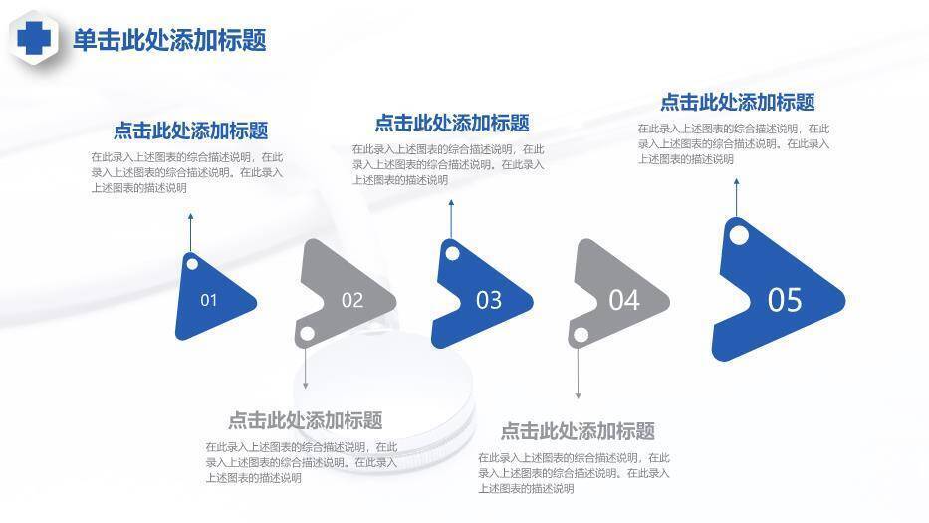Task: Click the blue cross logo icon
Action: [x=34, y=38]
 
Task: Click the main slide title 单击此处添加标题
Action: [x=169, y=40]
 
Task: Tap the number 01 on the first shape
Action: [x=208, y=300]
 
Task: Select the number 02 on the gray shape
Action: [x=351, y=300]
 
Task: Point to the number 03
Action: [x=489, y=300]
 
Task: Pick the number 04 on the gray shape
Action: [x=624, y=300]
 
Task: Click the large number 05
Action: [x=785, y=300]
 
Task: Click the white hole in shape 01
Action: [x=192, y=263]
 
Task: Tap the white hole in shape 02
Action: [x=307, y=334]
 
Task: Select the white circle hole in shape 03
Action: [x=452, y=254]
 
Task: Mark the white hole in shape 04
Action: [x=581, y=335]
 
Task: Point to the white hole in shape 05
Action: [x=738, y=235]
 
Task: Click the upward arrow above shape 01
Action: [x=191, y=232]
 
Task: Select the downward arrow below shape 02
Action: [x=305, y=366]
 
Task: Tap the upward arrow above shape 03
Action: [x=451, y=219]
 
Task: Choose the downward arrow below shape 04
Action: [x=578, y=372]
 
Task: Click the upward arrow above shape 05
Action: [x=737, y=198]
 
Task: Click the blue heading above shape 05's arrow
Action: [x=738, y=102]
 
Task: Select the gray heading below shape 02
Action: [x=305, y=420]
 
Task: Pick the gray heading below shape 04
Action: [x=578, y=431]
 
